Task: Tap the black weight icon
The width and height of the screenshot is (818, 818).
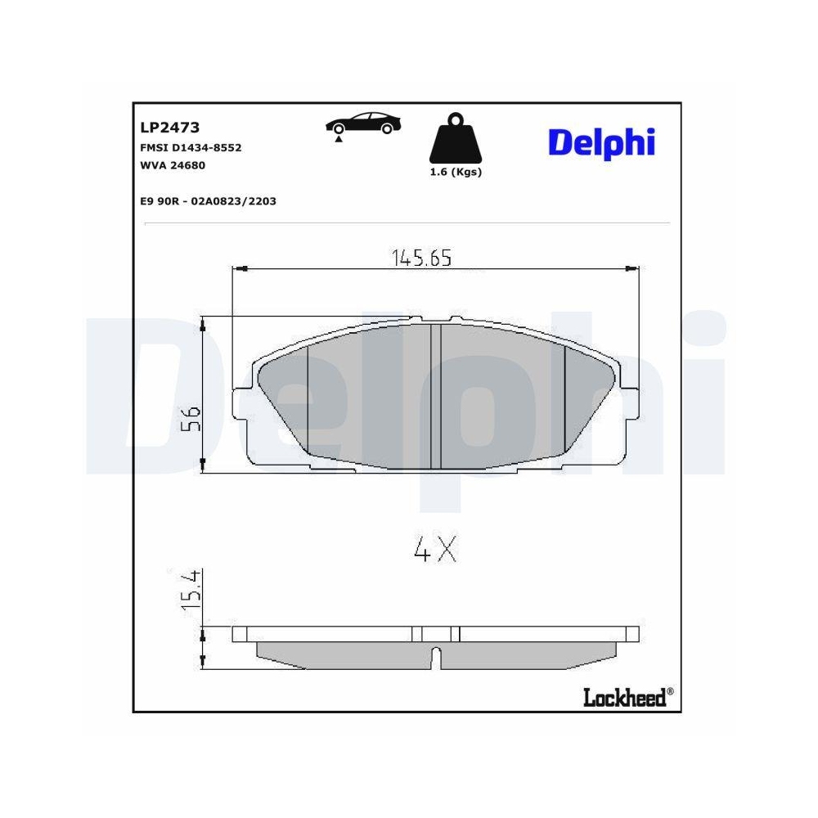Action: pyautogui.click(x=456, y=140)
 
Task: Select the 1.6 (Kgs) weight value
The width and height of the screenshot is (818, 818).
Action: pyautogui.click(x=456, y=172)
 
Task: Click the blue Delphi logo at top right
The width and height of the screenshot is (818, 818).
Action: pyautogui.click(x=600, y=142)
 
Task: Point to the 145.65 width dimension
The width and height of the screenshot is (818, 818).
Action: pyautogui.click(x=420, y=258)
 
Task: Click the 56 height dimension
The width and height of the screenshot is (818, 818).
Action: pyautogui.click(x=191, y=420)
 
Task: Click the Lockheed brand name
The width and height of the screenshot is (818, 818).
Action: pyautogui.click(x=625, y=697)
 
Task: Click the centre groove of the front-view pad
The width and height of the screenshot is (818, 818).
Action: pyautogui.click(x=436, y=396)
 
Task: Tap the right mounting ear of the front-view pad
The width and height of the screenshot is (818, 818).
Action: pyautogui.click(x=628, y=404)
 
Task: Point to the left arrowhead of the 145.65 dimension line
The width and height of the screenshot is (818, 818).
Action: pyautogui.click(x=240, y=268)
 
